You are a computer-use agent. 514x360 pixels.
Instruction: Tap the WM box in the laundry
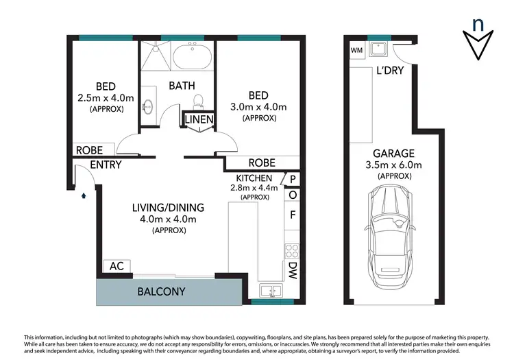tap(356, 50)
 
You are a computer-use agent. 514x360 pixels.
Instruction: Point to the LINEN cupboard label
tap(199, 120)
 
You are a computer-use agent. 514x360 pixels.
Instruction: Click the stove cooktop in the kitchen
tap(292, 250)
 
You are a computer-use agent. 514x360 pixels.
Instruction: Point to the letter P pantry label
tap(293, 180)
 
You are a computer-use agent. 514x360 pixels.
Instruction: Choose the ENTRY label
tap(106, 165)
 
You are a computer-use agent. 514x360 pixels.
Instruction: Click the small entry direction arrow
tap(84, 195)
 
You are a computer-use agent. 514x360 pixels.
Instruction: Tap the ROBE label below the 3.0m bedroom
tap(262, 163)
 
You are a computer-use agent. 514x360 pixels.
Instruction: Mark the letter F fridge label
tap(293, 214)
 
